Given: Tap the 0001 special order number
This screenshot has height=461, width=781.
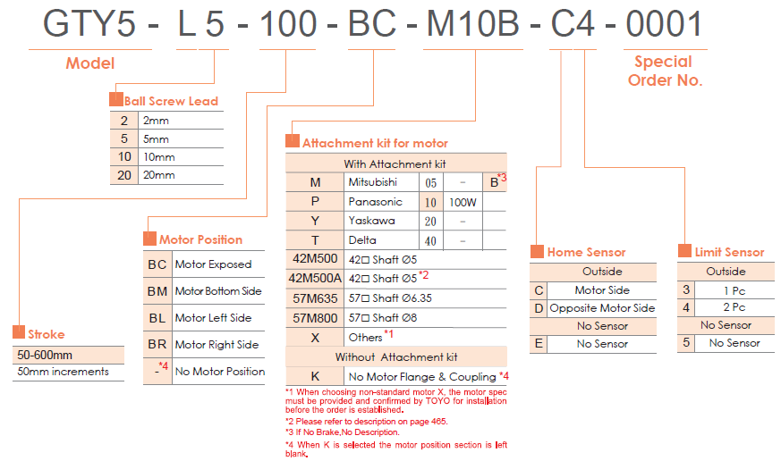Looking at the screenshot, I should [664, 25].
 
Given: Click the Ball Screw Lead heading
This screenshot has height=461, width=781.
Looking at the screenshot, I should [171, 101].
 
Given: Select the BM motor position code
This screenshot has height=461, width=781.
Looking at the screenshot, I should [157, 291].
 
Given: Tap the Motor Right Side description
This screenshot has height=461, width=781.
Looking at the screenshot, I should [216, 345].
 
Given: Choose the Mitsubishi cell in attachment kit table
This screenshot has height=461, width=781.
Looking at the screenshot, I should [375, 182].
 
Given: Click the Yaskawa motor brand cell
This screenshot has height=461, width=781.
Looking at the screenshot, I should [371, 221].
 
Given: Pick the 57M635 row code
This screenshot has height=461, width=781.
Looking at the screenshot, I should [315, 298].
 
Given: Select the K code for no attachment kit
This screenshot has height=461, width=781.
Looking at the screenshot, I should [315, 376].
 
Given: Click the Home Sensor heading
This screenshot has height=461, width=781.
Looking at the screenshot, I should [586, 253].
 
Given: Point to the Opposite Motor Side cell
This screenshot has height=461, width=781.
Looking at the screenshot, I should [602, 308].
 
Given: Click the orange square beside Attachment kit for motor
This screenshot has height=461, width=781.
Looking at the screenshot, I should [292, 142].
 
